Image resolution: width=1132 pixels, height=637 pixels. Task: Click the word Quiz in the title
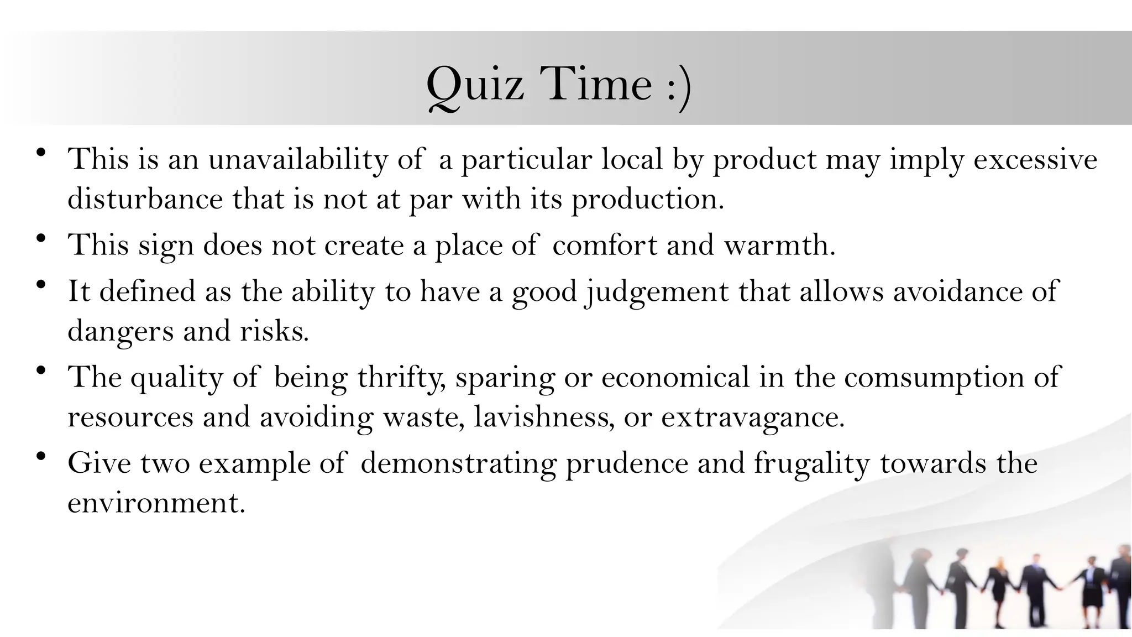pos(475,85)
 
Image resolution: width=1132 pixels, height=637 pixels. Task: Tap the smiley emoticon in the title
pos(679,87)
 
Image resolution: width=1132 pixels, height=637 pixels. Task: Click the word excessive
pos(1035,160)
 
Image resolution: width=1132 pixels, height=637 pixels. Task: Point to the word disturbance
pos(145,199)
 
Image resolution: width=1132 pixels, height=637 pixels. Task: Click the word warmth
pos(779,245)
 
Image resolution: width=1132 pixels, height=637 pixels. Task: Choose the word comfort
pos(605,245)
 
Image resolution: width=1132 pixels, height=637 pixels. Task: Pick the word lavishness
pos(544,417)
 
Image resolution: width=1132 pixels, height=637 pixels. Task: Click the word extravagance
pos(753,417)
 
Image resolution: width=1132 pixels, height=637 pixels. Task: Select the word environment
pos(156,503)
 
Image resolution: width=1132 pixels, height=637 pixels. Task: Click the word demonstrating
pos(458,463)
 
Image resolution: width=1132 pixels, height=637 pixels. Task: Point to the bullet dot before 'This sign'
pos(40,239)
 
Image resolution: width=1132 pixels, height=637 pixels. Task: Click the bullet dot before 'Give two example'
pos(40,457)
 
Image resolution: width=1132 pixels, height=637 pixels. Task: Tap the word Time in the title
pos(596,85)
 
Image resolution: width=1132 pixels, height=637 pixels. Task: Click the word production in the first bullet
pos(647,199)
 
